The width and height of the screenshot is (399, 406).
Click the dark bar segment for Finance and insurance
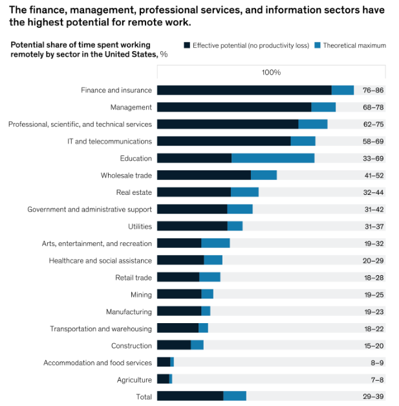point(244,91)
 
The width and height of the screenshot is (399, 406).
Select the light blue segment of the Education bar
point(273,159)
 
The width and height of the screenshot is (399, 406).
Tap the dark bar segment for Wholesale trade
point(204,175)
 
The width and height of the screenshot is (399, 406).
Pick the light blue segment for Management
point(323,107)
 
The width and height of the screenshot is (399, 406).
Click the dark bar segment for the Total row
point(190,396)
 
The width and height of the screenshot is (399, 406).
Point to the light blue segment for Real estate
point(244,192)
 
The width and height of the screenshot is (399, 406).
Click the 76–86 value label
point(374,91)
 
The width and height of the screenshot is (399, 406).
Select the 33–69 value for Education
point(374,159)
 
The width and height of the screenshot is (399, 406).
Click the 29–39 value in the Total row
point(374,396)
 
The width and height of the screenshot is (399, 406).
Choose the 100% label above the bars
point(271,73)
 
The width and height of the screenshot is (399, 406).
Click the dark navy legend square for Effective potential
point(187,45)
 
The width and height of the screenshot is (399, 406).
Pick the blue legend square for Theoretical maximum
point(318,45)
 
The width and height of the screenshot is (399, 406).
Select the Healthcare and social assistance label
point(100,260)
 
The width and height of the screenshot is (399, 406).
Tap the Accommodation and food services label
point(98,363)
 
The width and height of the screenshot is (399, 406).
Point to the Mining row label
point(141,295)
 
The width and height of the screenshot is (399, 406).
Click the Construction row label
point(131,346)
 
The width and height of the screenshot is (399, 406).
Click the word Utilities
point(140,227)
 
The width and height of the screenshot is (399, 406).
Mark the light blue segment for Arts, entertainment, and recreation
point(215,243)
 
